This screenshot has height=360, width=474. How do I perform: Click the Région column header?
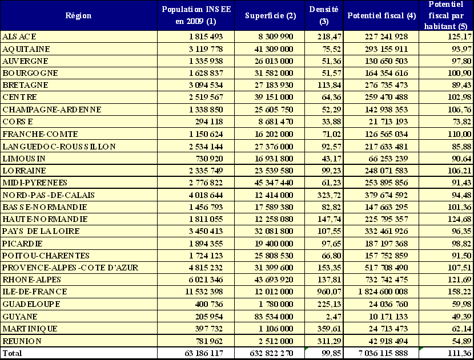(79, 15)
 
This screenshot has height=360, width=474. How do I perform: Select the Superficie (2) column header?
(270, 15)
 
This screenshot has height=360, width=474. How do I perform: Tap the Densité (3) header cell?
(323, 15)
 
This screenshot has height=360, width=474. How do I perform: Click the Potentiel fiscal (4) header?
(381, 15)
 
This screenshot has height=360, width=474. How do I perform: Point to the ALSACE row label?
(19, 37)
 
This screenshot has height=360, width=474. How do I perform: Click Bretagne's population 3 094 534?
(196, 85)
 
